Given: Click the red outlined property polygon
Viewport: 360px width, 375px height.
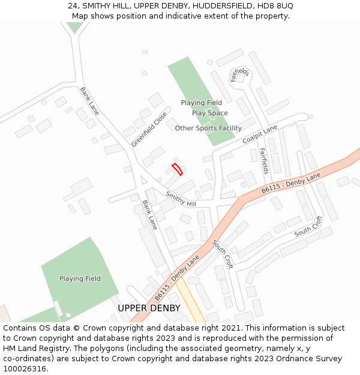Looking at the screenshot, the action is pyautogui.click(x=177, y=169).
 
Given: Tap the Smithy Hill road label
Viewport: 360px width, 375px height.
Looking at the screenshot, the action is pyautogui.click(x=181, y=199).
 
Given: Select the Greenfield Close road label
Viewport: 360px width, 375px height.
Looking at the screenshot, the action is pyautogui.click(x=149, y=130).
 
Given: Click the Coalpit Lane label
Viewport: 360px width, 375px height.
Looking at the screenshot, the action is pyautogui.click(x=260, y=134).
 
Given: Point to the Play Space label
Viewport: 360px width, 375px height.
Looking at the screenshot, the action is pyautogui.click(x=209, y=113).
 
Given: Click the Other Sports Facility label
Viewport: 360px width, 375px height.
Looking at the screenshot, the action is pyautogui.click(x=208, y=128).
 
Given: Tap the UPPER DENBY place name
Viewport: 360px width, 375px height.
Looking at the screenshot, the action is pyautogui.click(x=149, y=308).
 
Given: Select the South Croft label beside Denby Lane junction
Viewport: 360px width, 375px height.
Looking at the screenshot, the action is pyautogui.click(x=222, y=254).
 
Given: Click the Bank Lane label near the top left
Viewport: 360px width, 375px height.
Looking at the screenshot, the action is pyautogui.click(x=89, y=101).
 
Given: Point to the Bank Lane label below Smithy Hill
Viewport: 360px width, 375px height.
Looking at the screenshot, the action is pyautogui.click(x=149, y=215).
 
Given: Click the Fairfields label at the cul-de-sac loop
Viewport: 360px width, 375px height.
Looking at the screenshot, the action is pyautogui.click(x=240, y=75).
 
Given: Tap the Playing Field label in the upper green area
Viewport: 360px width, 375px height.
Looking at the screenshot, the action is pyautogui.click(x=201, y=103).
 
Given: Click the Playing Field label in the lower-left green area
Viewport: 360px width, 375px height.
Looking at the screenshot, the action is pyautogui.click(x=80, y=278).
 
